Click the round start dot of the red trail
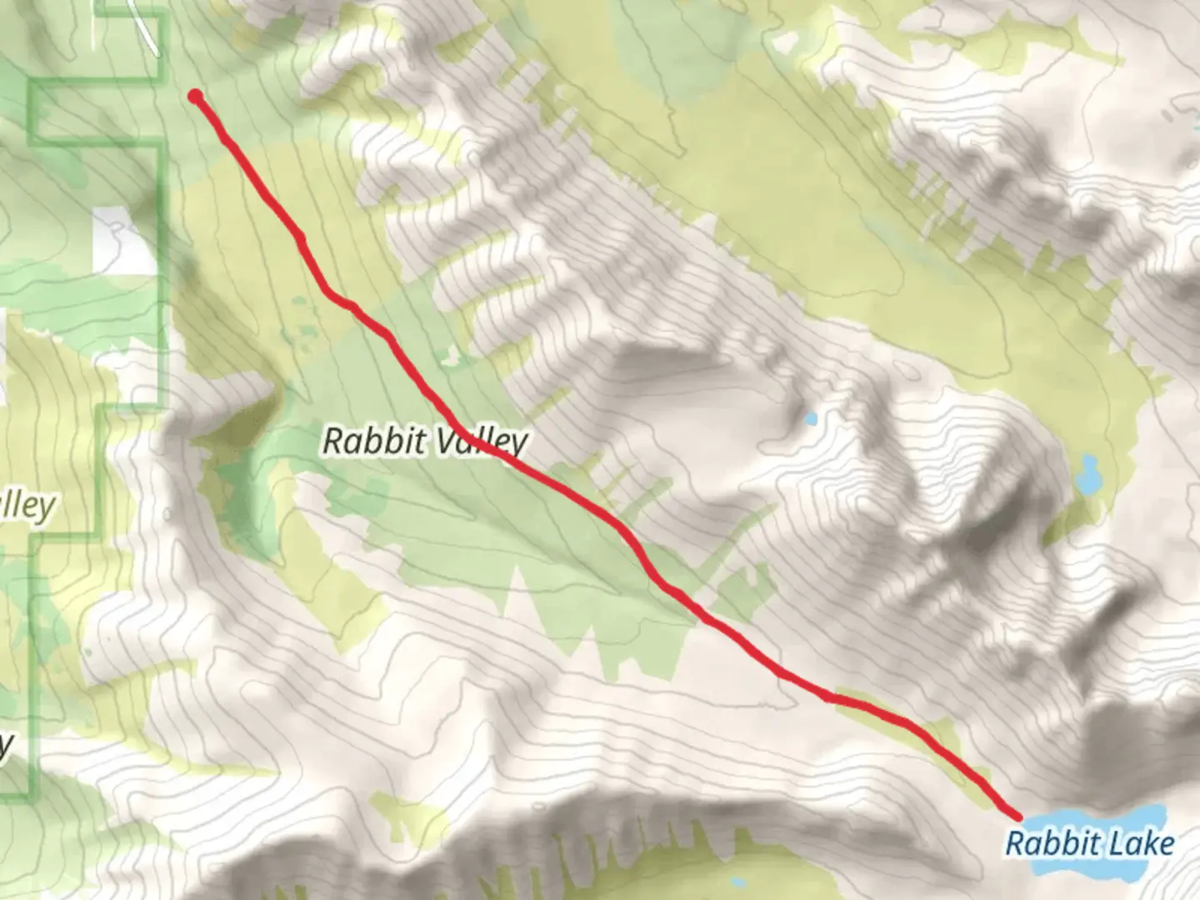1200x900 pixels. tap(195, 97)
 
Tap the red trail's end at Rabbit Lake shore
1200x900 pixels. tap(1017, 815)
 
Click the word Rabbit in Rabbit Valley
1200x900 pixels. tap(373, 441)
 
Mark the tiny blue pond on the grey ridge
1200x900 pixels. tap(810, 418)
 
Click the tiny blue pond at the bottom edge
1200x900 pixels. tap(737, 881)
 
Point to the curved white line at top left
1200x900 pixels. tap(145, 25)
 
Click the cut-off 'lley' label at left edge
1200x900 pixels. tap(27, 506)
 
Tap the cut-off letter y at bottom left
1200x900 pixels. tap(5, 747)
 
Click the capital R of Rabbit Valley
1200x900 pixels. tap(332, 441)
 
